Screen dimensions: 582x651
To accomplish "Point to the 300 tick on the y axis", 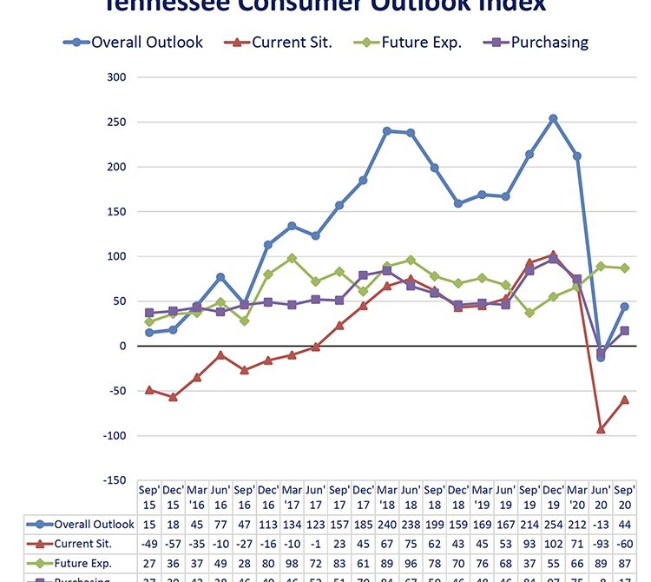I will (116, 77).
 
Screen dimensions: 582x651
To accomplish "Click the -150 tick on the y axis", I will (113, 480).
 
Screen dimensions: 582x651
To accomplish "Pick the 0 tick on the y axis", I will (122, 347).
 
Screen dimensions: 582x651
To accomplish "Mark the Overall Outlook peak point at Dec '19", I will (553, 118).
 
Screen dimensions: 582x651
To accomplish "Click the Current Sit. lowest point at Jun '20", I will (601, 429).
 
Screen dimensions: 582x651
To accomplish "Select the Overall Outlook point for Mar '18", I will (387, 131).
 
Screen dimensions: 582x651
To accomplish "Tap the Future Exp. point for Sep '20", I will (624, 268).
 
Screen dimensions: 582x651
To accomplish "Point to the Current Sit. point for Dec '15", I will (174, 397).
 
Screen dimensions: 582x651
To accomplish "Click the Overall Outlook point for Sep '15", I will (149, 333).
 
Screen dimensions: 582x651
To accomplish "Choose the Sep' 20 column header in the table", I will (624, 496).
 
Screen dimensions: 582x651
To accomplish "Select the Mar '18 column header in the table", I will (387, 496).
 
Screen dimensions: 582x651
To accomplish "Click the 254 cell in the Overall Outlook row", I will (553, 524).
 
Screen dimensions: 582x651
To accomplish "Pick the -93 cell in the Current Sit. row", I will (601, 545).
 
